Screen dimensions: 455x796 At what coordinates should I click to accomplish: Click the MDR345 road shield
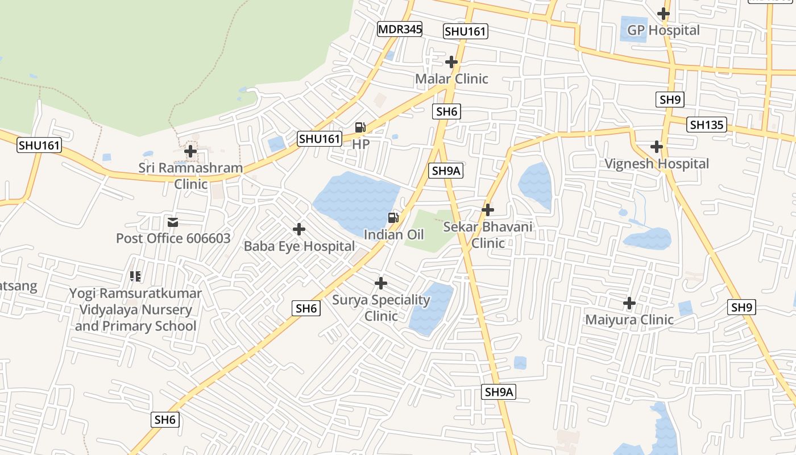click(400, 29)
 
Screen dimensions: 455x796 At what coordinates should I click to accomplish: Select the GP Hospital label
click(663, 30)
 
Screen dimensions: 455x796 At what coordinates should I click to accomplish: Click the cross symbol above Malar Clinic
click(451, 61)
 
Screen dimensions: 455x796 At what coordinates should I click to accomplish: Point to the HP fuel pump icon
click(360, 127)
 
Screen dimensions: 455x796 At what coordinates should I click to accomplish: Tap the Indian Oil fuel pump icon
click(393, 217)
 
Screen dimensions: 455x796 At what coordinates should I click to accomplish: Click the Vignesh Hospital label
click(657, 164)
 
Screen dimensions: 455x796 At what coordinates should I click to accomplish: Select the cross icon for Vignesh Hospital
click(657, 147)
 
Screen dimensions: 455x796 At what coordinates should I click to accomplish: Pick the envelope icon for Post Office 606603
click(173, 222)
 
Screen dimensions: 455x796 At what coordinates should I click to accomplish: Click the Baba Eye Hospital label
click(299, 246)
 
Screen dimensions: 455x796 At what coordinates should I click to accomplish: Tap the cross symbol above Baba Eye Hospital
click(299, 229)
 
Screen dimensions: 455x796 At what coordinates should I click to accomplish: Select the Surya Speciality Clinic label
click(381, 308)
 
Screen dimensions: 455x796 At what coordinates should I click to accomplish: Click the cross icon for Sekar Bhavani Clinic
click(487, 209)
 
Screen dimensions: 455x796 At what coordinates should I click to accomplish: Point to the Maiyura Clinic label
click(629, 320)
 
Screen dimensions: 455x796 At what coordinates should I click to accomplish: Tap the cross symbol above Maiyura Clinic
click(629, 303)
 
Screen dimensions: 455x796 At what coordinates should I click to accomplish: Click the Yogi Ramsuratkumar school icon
click(135, 276)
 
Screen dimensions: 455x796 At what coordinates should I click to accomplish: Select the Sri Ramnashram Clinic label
click(190, 176)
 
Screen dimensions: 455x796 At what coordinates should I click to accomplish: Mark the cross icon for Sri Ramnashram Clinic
click(190, 151)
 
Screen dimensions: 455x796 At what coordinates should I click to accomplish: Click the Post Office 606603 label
click(173, 238)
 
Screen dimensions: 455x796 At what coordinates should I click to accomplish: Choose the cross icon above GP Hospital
click(663, 13)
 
